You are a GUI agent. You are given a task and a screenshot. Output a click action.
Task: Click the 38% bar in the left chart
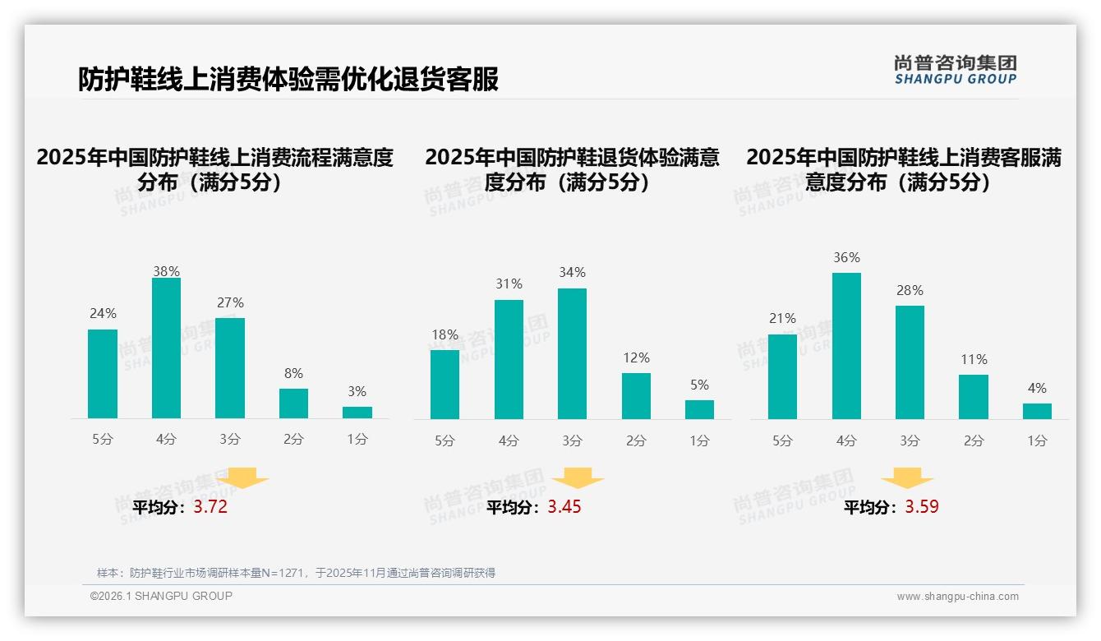[x=166, y=348]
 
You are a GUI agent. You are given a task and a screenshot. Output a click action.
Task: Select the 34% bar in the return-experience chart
[x=572, y=353]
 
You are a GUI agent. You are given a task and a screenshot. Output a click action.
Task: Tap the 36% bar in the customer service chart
[x=846, y=346]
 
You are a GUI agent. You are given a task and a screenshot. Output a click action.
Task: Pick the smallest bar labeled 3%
[x=357, y=413]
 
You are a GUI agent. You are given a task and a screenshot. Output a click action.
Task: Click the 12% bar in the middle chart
[x=636, y=396]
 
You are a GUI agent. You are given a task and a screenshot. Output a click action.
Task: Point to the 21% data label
[x=782, y=318]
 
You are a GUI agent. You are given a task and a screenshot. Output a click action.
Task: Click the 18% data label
[x=445, y=334]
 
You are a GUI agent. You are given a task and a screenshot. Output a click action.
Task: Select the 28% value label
[x=910, y=290]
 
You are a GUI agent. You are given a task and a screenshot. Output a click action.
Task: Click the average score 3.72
[x=210, y=507]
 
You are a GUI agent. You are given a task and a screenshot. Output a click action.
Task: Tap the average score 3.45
[x=564, y=507]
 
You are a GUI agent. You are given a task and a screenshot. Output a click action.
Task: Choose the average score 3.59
[x=922, y=507]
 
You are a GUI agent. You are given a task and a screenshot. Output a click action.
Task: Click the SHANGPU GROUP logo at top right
[x=956, y=70]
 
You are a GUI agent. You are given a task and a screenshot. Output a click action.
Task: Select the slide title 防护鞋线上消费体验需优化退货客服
[x=288, y=79]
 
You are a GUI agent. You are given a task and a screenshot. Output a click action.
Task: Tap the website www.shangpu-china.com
[x=957, y=597]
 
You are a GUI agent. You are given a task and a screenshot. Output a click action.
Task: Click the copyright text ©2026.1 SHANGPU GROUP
[x=161, y=596]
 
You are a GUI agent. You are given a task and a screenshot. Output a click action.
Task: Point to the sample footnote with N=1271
[x=296, y=573]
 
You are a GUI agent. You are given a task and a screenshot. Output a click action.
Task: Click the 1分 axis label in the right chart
[x=1037, y=440]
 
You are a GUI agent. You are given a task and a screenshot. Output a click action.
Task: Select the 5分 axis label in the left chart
[x=103, y=439]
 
